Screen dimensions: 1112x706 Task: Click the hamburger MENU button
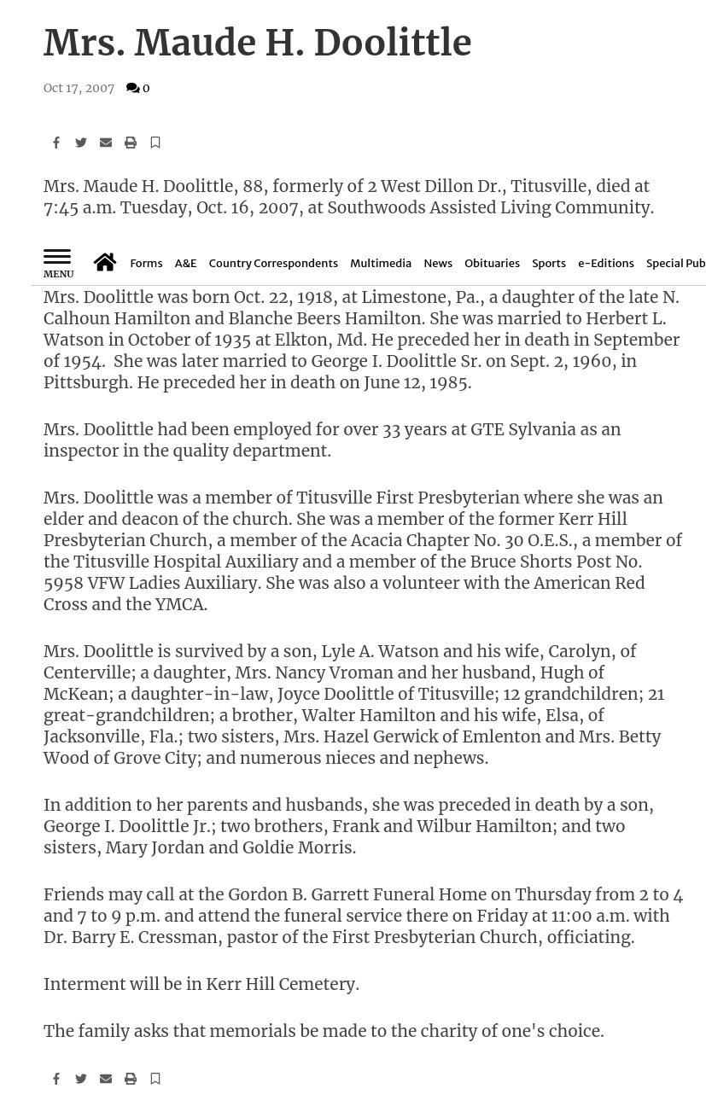click(x=58, y=263)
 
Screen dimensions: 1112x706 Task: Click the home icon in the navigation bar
click(x=105, y=262)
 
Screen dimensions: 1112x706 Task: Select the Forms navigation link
click(x=146, y=264)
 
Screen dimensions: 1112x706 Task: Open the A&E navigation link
click(x=185, y=264)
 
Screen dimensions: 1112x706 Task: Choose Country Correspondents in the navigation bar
click(x=273, y=264)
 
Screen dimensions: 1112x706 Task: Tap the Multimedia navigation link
click(x=381, y=264)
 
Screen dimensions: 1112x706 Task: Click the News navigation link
click(x=438, y=264)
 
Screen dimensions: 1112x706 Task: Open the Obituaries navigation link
click(x=492, y=264)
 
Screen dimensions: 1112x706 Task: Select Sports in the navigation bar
click(x=549, y=264)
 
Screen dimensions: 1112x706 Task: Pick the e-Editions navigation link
click(x=606, y=264)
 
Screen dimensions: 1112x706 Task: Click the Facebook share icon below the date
click(x=56, y=143)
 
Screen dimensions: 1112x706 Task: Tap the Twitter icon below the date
click(x=81, y=143)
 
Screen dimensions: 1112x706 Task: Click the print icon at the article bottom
click(x=131, y=1079)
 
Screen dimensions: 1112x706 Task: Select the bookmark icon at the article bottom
click(x=155, y=1079)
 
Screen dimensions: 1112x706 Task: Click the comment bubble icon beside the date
click(x=132, y=88)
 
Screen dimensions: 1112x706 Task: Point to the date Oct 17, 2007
click(x=79, y=88)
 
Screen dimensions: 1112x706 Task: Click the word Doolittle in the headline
click(x=392, y=43)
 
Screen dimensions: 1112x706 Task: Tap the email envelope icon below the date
click(x=106, y=143)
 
